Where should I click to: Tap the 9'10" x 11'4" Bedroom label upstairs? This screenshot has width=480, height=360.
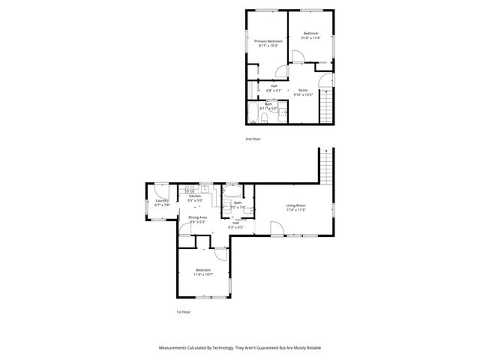point(310,35)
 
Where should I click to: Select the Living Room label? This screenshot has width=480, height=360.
point(295,208)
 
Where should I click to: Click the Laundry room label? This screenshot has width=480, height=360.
point(161,202)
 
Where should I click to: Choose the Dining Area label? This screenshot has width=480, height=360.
point(198,219)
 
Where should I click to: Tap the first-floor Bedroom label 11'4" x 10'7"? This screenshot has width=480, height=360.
point(203,271)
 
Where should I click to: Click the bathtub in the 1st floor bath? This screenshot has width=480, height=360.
point(232,189)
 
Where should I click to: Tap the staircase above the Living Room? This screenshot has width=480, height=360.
point(325,165)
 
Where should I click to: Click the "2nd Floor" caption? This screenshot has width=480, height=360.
point(253,139)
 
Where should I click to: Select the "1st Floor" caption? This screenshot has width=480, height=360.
point(184,312)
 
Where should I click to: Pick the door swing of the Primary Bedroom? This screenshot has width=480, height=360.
point(281,70)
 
